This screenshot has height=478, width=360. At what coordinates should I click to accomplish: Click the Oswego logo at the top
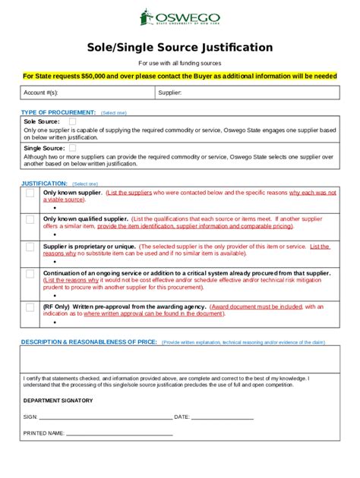[x=179, y=18]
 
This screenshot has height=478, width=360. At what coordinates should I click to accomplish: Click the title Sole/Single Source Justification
[x=179, y=47]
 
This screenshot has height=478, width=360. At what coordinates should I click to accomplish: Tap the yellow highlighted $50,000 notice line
[x=179, y=76]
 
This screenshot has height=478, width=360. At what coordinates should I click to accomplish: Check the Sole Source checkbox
[x=72, y=121]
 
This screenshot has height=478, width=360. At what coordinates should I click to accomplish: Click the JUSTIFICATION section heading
[x=44, y=184]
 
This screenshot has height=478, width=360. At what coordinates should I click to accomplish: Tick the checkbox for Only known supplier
[x=30, y=193]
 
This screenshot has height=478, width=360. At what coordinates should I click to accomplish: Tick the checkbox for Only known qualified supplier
[x=30, y=219]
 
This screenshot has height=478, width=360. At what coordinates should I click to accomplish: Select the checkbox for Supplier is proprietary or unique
[x=30, y=247]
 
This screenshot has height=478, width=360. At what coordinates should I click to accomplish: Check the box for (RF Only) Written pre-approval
[x=30, y=307]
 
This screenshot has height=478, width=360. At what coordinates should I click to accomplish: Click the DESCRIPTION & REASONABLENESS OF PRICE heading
[x=89, y=342]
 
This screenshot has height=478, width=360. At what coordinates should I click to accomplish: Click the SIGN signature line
[x=106, y=417]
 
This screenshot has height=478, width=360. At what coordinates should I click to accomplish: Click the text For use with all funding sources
[x=179, y=63]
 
